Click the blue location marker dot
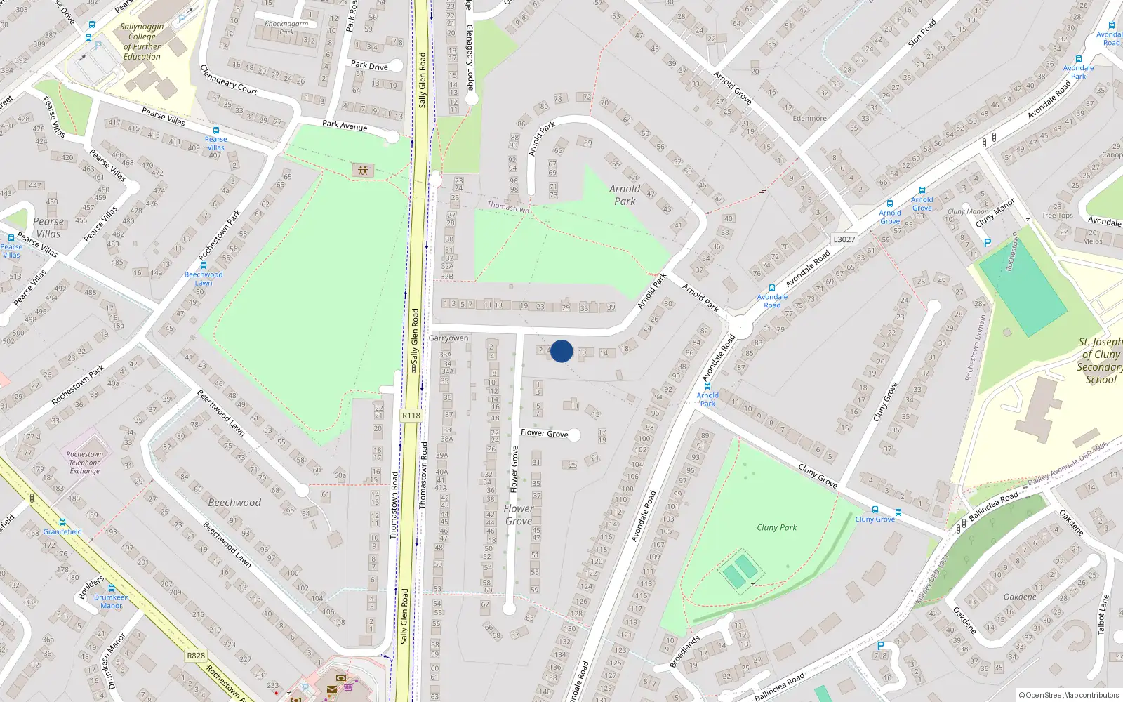coord(561,351)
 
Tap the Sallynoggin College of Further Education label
coord(142,41)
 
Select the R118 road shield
coord(411,416)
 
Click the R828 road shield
coord(196,656)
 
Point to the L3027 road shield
coord(844,239)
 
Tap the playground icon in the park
coord(363,170)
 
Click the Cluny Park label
coord(776,527)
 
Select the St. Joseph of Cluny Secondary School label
coord(1099,361)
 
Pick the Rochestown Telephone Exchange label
coord(85,463)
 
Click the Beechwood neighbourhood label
coord(234,503)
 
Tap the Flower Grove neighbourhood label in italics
coord(519,515)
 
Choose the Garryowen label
coord(448,338)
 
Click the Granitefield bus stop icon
coord(62,522)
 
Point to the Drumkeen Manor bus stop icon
coord(111,589)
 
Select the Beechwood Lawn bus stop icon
coord(204,265)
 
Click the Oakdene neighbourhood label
coord(1020,597)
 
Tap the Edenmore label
coord(809,118)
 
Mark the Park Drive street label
coord(369,66)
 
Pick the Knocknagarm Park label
coord(286,27)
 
